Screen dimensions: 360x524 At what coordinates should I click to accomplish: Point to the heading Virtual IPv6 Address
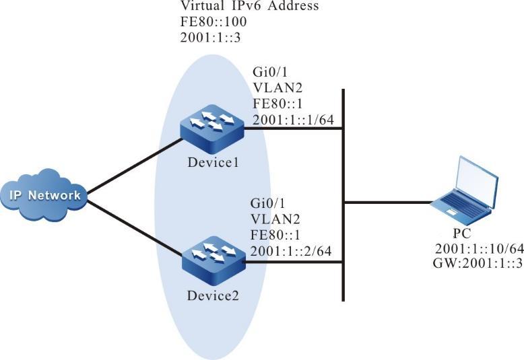pyautogui.click(x=249, y=7)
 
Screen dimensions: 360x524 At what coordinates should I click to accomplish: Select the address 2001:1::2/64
pyautogui.click(x=294, y=252)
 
